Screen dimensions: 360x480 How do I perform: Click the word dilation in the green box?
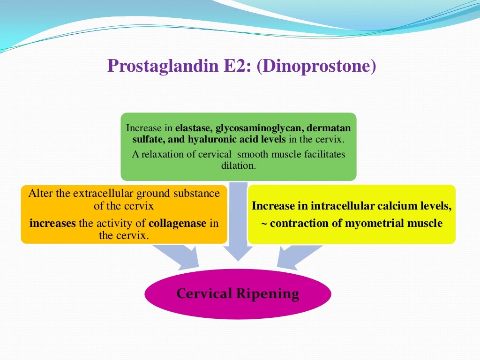239,165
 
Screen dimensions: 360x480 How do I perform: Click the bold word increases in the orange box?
52,224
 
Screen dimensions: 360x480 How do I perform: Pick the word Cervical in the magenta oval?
204,294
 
